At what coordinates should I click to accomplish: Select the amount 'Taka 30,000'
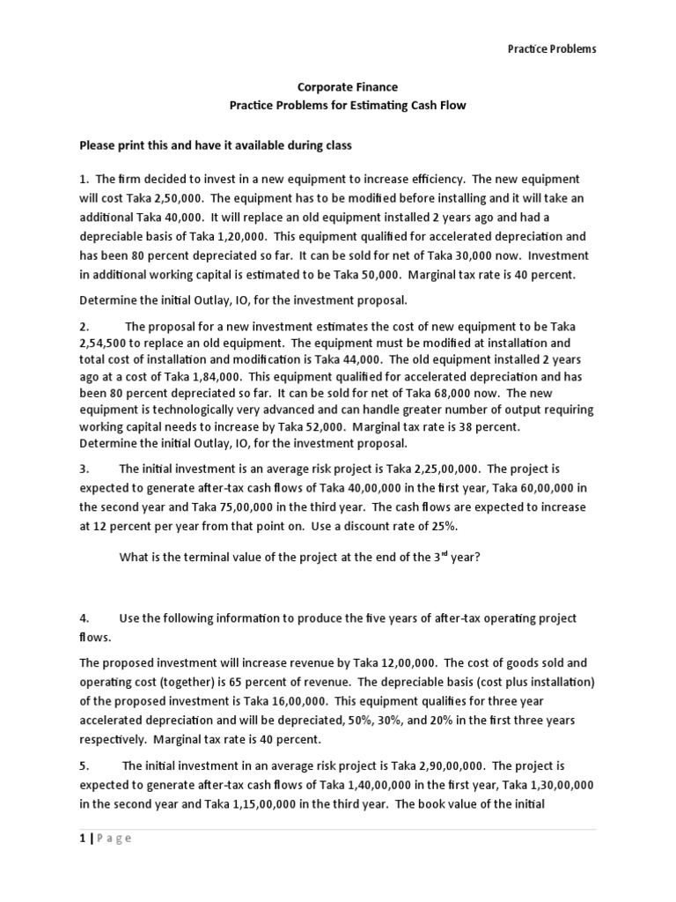coord(478,255)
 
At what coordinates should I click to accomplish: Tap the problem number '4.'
coord(85,618)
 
